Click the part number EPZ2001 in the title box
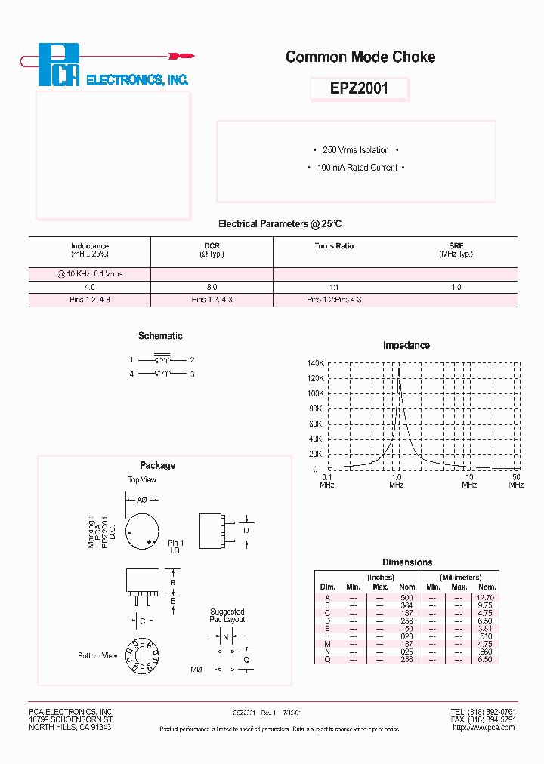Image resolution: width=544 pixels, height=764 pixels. [x=360, y=88]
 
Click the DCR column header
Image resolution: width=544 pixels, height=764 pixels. [x=212, y=246]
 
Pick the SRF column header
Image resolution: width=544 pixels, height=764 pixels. [x=456, y=246]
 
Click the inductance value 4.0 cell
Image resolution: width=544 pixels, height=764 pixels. [x=90, y=288]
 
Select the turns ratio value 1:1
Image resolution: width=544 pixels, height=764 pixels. [x=334, y=288]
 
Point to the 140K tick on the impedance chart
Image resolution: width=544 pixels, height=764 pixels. [x=315, y=363]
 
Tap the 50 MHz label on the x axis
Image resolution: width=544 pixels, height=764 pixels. [x=516, y=476]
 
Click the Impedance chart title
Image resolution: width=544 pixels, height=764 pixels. [x=406, y=345]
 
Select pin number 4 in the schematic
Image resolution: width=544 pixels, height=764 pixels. [x=131, y=374]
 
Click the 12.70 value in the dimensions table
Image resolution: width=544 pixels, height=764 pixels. [x=487, y=596]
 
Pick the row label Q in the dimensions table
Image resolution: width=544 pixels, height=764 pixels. [x=328, y=659]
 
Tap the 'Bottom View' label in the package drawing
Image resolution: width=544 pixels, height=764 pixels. [x=97, y=655]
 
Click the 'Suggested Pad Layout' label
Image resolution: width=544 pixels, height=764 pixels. [x=227, y=615]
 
